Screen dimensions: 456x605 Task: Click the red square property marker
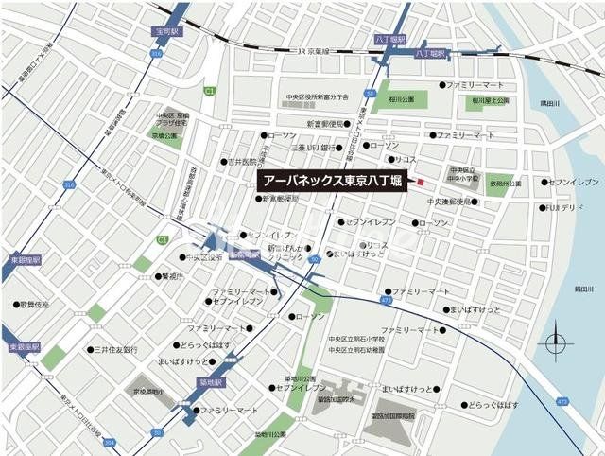[x=422, y=182]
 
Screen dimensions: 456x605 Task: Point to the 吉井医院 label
[x=244, y=162]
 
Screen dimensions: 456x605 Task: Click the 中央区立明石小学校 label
[x=356, y=339]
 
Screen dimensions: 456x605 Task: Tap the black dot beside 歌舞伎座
[x=17, y=306]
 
